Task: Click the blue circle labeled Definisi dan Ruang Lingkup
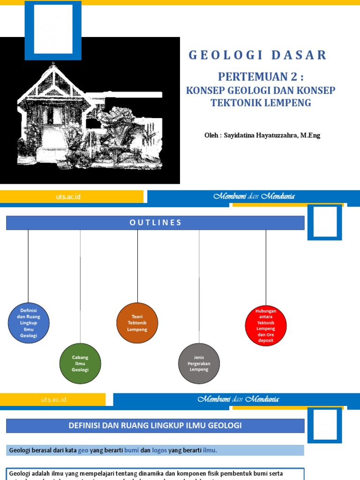click(29, 323)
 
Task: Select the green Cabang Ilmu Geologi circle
click(80, 363)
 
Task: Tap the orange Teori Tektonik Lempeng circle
click(137, 323)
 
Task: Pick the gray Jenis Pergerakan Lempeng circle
click(199, 363)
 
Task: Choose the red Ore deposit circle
click(266, 325)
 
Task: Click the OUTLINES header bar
click(155, 223)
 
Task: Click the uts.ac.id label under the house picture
click(68, 197)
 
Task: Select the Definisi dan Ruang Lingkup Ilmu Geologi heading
click(155, 426)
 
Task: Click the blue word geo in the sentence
click(83, 450)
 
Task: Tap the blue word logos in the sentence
click(159, 450)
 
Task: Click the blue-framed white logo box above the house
click(53, 30)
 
